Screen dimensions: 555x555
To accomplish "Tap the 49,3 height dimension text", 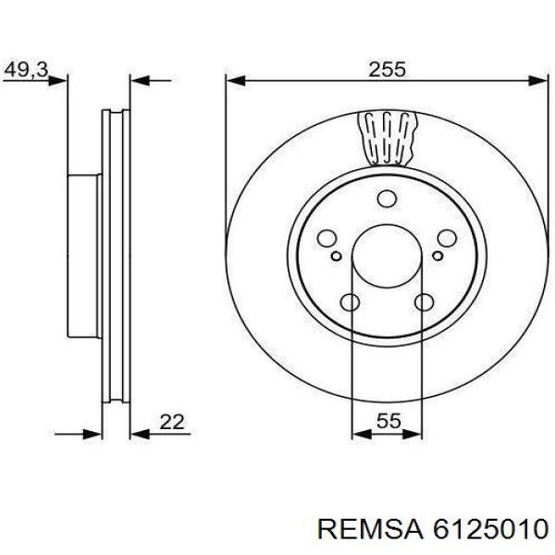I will pos(26,68).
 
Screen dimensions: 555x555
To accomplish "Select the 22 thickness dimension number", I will pos(172,422).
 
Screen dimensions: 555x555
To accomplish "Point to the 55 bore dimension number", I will pos(388,422).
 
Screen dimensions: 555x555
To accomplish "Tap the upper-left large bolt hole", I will pos(326,239).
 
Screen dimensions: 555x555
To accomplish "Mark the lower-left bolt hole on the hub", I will pos(350,302).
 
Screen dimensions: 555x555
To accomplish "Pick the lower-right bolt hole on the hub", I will pos(425,302).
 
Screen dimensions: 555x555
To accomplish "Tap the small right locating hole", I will pos(437,253).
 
